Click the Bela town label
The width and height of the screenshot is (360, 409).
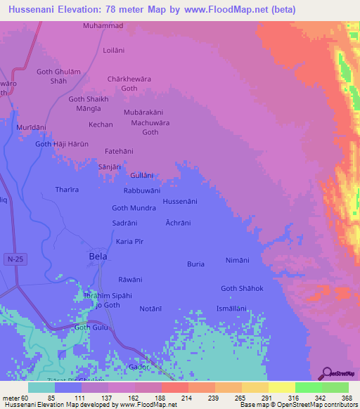tap(98, 257)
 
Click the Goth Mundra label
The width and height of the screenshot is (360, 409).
tap(134, 208)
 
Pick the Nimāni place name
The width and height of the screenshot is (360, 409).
tap(237, 260)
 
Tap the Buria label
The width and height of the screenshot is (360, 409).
tap(195, 264)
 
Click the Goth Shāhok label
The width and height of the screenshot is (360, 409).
tap(242, 288)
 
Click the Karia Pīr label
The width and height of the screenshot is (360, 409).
tap(134, 242)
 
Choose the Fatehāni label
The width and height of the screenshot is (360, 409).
tap(119, 151)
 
